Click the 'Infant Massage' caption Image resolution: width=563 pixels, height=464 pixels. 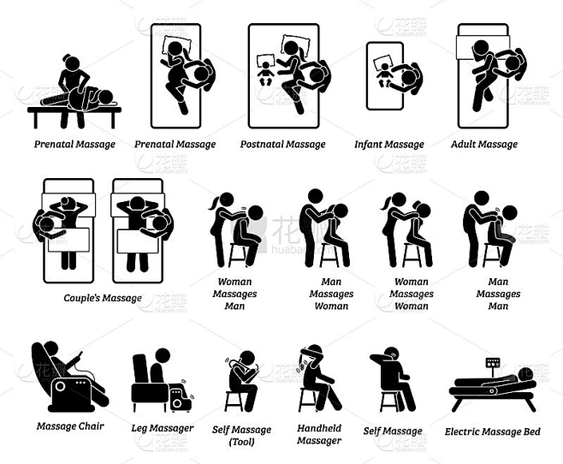[389, 145]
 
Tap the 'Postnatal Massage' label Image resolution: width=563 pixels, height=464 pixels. [283, 145]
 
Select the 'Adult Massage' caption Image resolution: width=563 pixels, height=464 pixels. [484, 145]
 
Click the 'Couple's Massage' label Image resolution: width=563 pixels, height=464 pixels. [103, 298]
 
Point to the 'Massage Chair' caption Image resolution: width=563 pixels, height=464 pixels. [70, 426]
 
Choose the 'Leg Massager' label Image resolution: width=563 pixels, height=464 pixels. [163, 428]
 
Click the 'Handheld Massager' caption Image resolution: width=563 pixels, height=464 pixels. [319, 434]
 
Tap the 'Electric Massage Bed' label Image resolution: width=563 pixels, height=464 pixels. [493, 431]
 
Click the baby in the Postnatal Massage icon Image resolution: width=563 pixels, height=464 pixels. [266, 74]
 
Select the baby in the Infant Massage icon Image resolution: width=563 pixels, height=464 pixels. [384, 75]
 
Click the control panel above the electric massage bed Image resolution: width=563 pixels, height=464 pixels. [492, 362]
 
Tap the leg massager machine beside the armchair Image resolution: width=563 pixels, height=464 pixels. [178, 397]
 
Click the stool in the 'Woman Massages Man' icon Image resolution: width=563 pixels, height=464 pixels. [237, 256]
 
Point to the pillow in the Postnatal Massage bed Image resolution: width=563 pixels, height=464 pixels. [296, 45]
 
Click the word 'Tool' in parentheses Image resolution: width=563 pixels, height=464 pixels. [241, 442]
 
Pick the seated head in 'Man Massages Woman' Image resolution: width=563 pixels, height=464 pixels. [339, 212]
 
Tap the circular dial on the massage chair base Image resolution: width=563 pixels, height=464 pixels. [60, 387]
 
